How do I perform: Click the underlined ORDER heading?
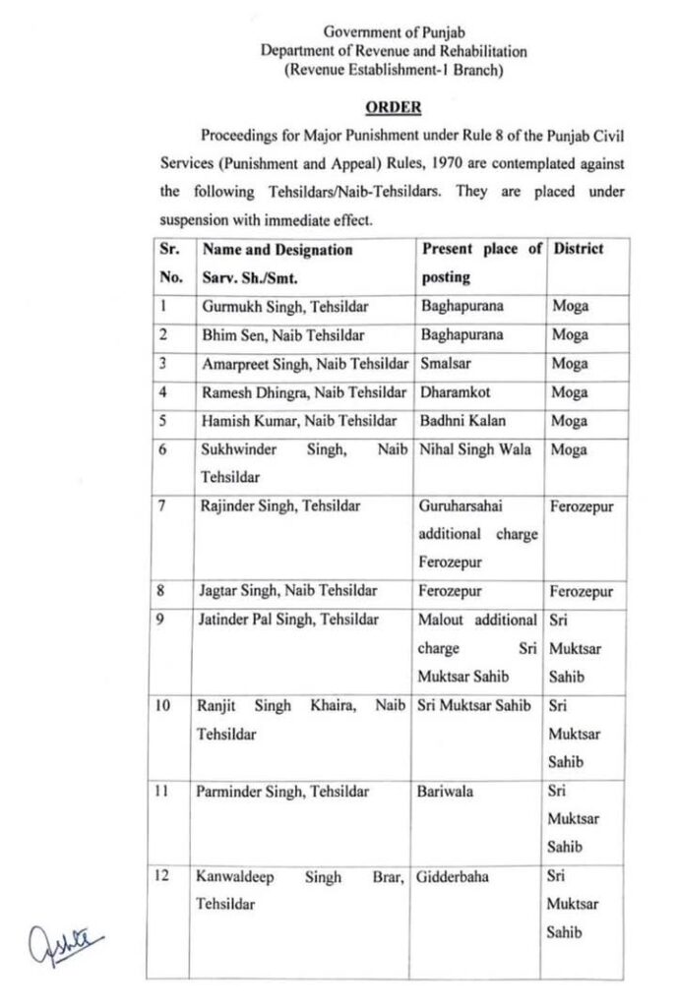pyautogui.click(x=394, y=107)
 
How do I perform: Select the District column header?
pyautogui.click(x=579, y=249)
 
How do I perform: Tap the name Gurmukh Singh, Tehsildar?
pyautogui.click(x=272, y=306)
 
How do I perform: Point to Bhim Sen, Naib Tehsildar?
pyautogui.click(x=269, y=334)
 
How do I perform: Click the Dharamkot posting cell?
pyautogui.click(x=456, y=392)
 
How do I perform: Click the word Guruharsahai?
pyautogui.click(x=464, y=506)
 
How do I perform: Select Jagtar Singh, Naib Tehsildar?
pyautogui.click(x=274, y=592)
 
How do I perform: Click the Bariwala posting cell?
pyautogui.click(x=449, y=791)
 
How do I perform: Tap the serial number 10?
pyautogui.click(x=164, y=705)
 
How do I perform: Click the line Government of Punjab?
pyautogui.click(x=393, y=32)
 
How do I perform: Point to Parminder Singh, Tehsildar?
pyautogui.click(x=285, y=791)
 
